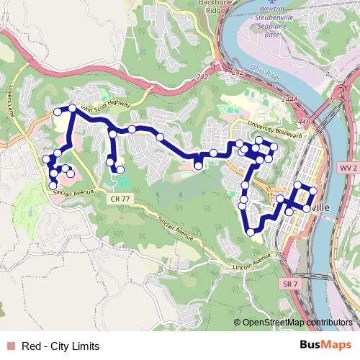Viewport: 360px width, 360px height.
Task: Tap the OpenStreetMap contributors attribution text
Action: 297,323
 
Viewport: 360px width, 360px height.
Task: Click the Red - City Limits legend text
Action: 60,346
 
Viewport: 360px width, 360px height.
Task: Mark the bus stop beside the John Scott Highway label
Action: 71,109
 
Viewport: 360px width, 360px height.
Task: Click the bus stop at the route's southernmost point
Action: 251,232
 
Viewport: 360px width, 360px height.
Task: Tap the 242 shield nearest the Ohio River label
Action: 238,73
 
